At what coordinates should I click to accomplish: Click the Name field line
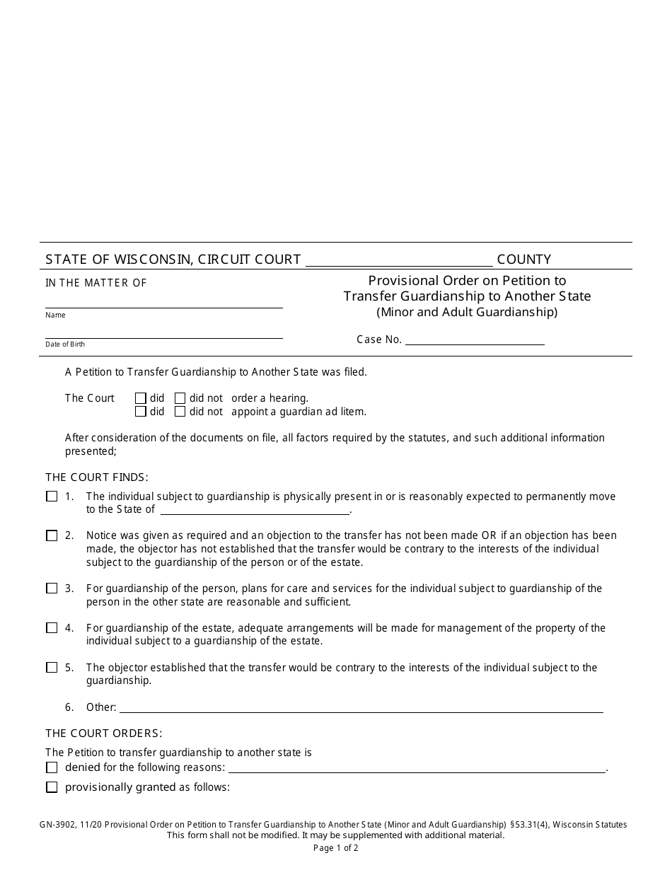tap(164, 302)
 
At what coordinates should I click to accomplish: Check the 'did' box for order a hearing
tap(141, 398)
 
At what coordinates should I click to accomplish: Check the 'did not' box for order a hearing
tap(180, 398)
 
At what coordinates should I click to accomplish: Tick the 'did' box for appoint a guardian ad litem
tap(141, 412)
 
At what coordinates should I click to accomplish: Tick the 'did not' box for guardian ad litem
tap(180, 412)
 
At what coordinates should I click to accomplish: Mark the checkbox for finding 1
tap(52, 497)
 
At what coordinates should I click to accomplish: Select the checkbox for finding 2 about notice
tap(52, 535)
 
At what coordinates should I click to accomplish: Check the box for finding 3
tap(52, 588)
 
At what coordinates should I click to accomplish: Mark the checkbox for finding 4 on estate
tap(52, 628)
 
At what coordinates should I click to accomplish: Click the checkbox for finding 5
tap(52, 668)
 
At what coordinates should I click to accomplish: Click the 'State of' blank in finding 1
tap(255, 509)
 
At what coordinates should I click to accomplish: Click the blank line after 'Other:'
tap(361, 707)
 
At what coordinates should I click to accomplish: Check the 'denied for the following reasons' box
tap(52, 767)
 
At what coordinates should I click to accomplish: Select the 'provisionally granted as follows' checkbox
tap(52, 787)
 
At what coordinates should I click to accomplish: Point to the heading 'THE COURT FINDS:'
tap(97, 477)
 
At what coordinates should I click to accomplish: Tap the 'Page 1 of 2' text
tap(336, 847)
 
